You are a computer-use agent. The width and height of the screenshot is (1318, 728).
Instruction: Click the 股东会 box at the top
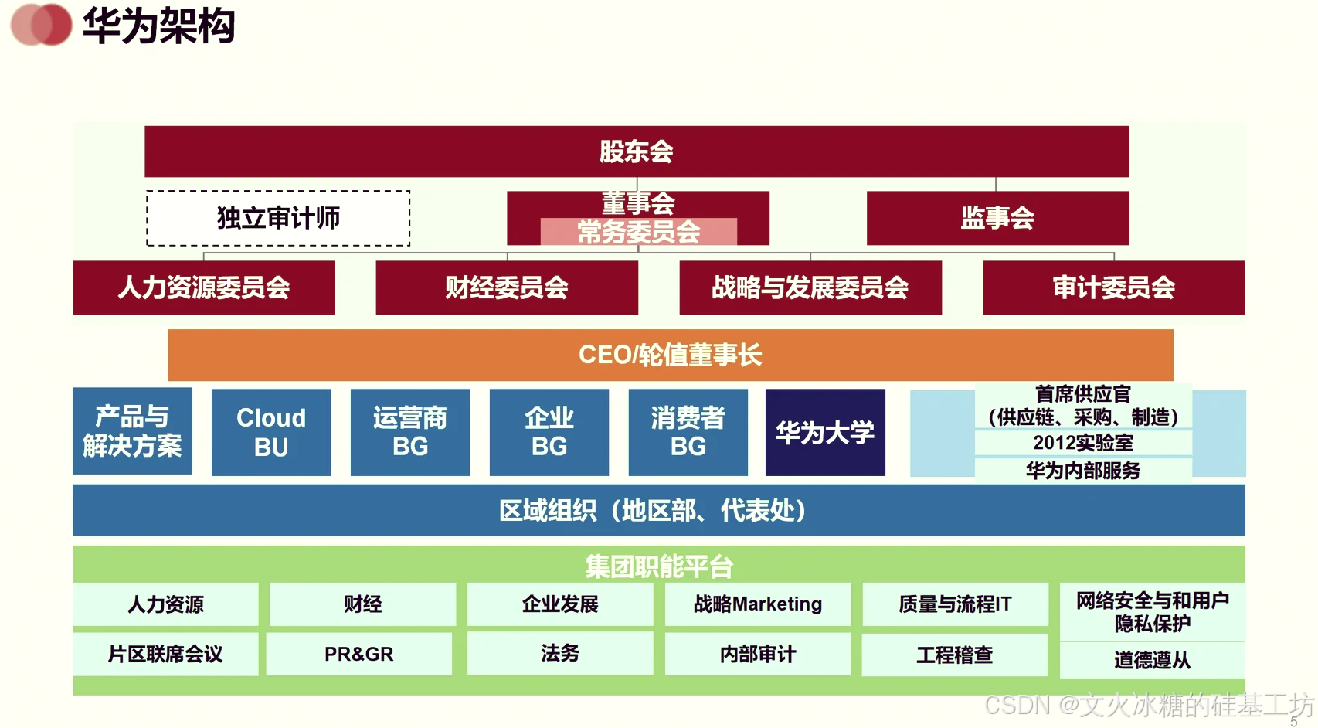pos(637,151)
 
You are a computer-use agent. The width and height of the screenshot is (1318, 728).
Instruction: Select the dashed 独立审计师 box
pos(278,218)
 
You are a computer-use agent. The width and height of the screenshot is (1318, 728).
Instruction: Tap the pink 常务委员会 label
pos(638,232)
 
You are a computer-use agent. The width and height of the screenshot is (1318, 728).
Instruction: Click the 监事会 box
pos(997,218)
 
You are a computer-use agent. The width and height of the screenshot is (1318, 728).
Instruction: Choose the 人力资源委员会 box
pos(204,287)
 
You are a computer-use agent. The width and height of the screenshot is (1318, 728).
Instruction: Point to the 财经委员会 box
pos(507,287)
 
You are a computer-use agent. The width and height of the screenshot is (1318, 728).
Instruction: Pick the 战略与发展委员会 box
pos(810,287)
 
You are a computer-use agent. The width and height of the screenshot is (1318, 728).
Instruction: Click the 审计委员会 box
pos(1113,287)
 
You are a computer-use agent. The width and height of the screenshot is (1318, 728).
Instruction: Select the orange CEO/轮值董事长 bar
pos(671,355)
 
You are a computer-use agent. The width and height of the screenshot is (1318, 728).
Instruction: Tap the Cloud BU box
pos(271,432)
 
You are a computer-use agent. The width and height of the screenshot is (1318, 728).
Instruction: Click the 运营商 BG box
pos(410,432)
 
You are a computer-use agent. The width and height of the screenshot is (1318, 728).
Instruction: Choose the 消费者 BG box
pos(688,432)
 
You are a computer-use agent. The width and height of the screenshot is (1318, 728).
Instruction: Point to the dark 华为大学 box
pos(825,432)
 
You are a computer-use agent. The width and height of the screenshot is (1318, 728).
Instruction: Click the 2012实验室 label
pos(1083,443)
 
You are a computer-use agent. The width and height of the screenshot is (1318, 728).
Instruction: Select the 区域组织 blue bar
pos(658,510)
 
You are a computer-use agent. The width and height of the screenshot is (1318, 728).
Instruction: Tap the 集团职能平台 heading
pos(658,566)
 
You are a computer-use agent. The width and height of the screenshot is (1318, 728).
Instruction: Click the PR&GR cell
pos(359,654)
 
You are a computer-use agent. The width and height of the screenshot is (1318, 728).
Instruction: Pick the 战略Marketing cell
pos(758,604)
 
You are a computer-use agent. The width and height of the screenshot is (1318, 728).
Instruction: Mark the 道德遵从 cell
pos(1152,660)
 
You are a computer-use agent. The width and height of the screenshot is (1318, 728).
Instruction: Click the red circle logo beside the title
pos(42,25)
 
